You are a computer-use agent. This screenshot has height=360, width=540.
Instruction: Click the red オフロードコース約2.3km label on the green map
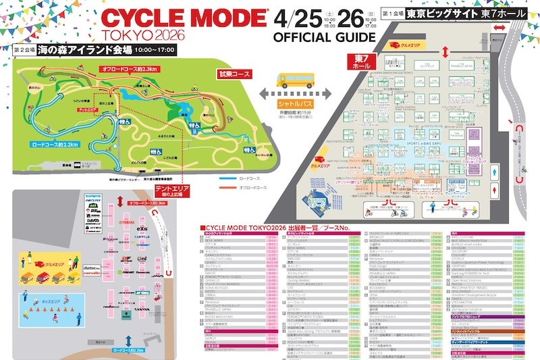point(129,70)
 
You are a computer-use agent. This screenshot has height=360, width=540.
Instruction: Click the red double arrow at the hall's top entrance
point(501,27)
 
